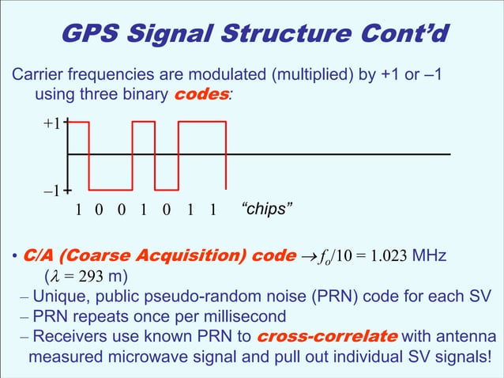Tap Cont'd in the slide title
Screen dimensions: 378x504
[x=404, y=33]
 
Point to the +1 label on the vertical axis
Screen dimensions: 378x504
[x=51, y=124]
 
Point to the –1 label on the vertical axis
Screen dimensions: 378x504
[x=51, y=191]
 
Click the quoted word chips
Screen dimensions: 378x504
[x=266, y=210]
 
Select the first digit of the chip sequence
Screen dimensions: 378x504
[x=78, y=210]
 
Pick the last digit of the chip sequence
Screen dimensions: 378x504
[x=213, y=210]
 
